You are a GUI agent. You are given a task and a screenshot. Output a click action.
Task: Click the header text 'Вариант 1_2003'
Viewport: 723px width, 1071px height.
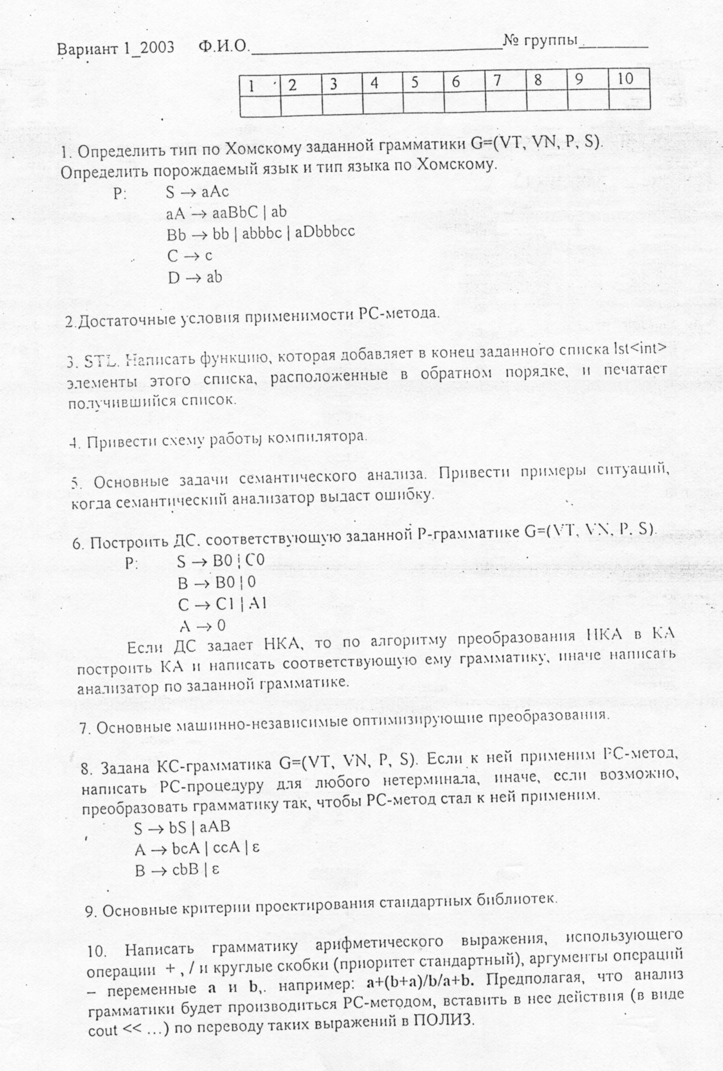point(115,48)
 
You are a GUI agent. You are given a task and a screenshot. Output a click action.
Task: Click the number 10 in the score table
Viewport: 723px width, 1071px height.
point(626,79)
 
